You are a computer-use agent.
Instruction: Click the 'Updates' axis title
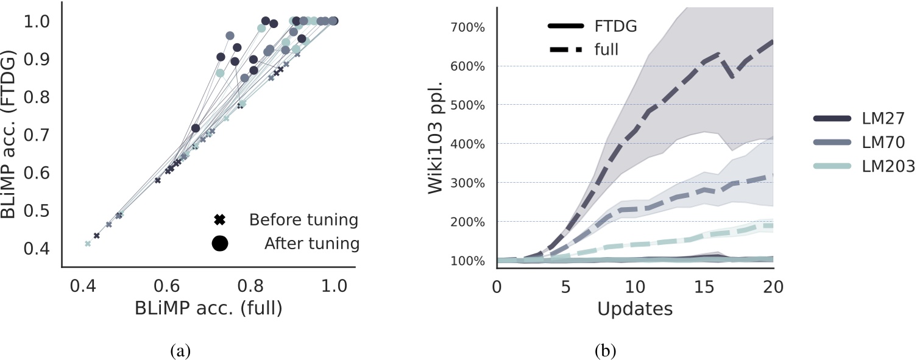tap(634, 308)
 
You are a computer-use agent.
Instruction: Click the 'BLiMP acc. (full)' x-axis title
tap(208, 308)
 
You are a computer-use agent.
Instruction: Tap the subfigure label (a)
tap(181, 350)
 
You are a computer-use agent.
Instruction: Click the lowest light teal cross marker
tap(88, 244)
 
